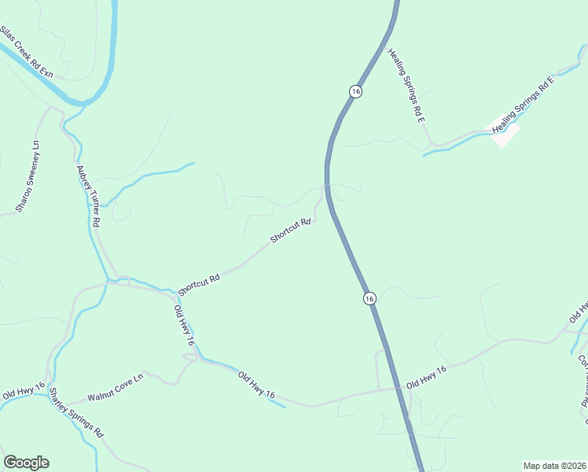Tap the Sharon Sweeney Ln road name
(27, 177)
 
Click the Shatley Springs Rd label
(76, 412)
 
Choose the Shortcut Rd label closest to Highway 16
(291, 230)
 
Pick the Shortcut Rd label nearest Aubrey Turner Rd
(198, 279)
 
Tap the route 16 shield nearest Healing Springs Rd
(356, 91)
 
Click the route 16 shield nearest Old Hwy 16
(369, 298)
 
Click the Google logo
(26, 463)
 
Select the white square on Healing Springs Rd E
(505, 135)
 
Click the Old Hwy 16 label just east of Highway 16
(426, 378)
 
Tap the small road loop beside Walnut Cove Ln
(190, 357)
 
